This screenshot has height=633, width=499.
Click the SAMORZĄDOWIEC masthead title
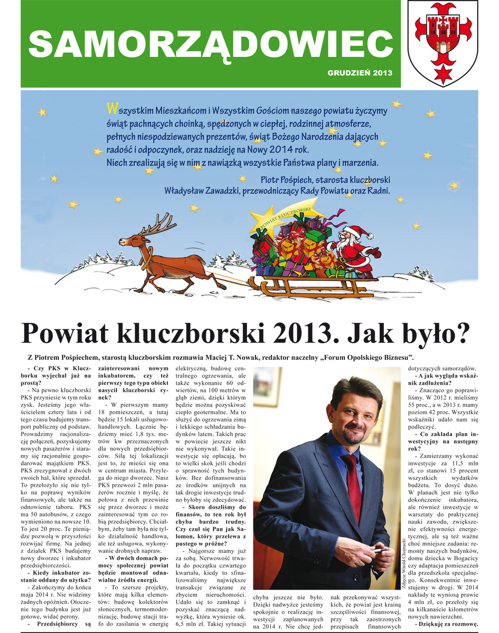[x=210, y=44]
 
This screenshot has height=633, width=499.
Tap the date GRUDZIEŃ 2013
[x=360, y=73]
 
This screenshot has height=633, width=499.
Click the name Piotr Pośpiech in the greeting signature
[x=290, y=180]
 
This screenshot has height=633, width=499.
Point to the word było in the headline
[x=432, y=333]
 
